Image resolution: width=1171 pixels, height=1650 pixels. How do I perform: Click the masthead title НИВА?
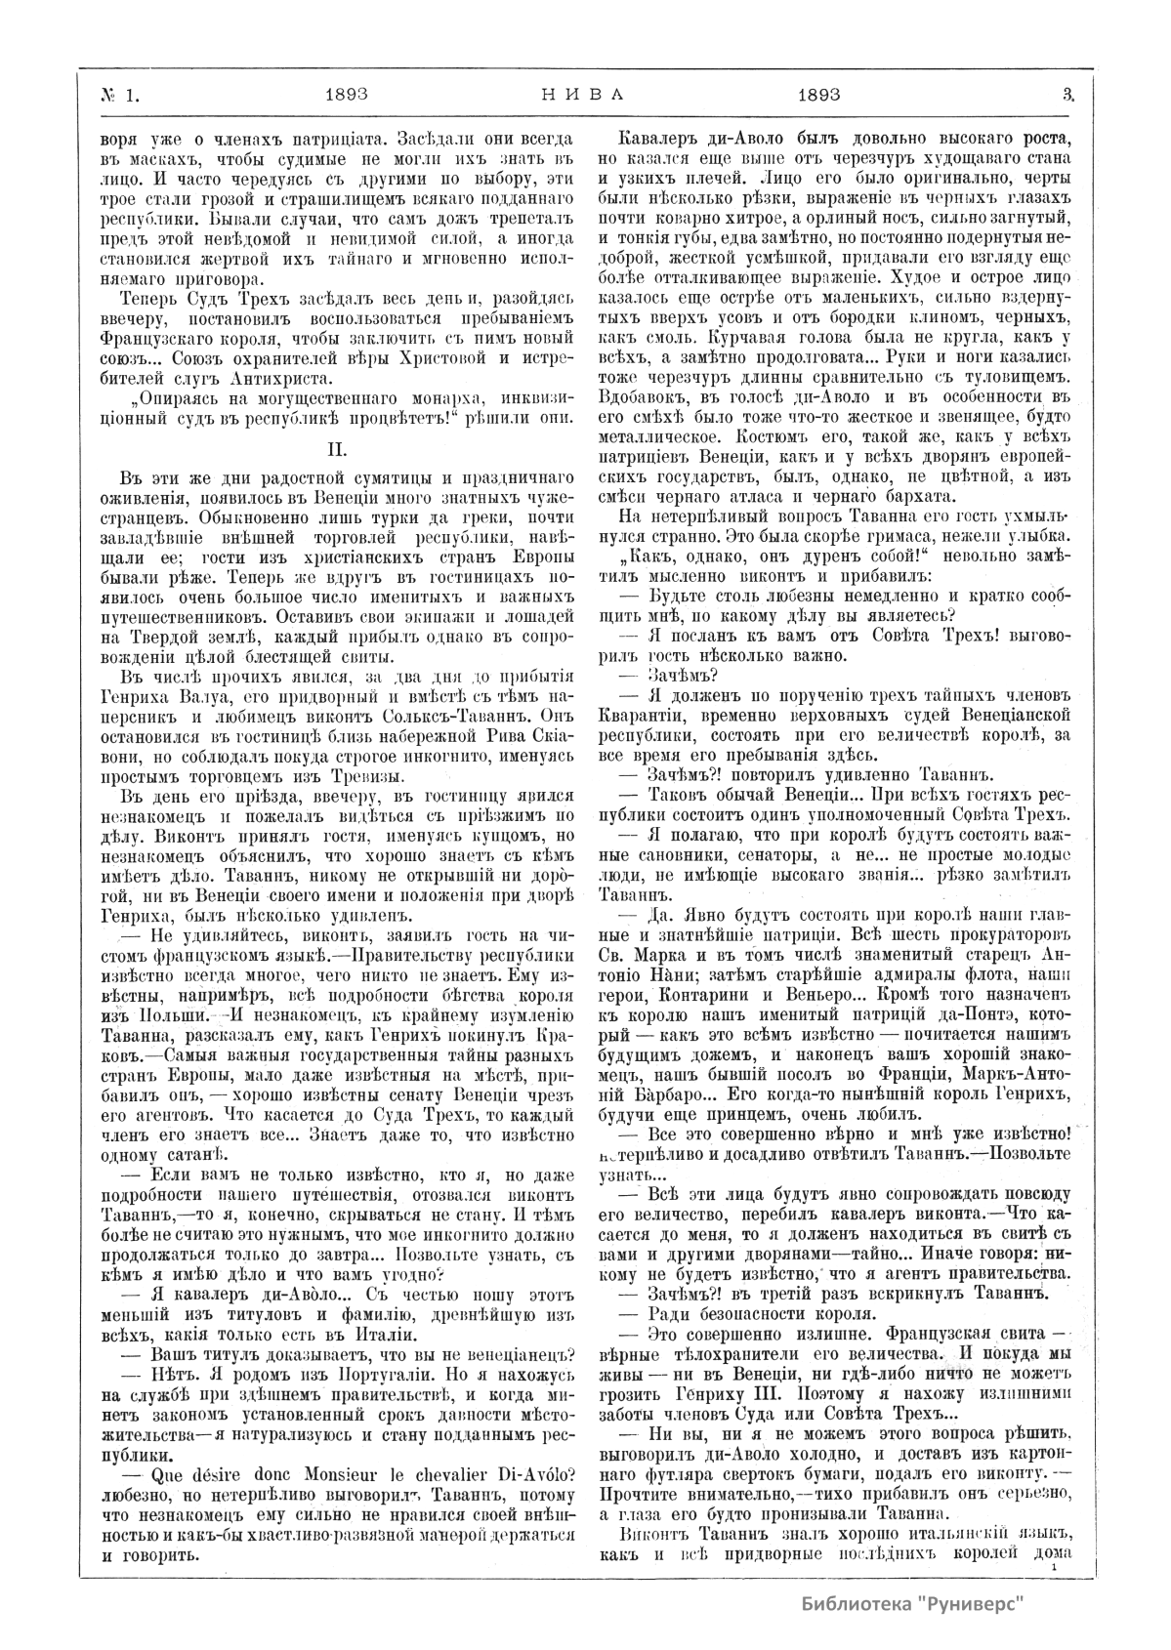click(581, 94)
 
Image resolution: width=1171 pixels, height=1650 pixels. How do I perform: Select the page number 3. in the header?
click(1066, 94)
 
